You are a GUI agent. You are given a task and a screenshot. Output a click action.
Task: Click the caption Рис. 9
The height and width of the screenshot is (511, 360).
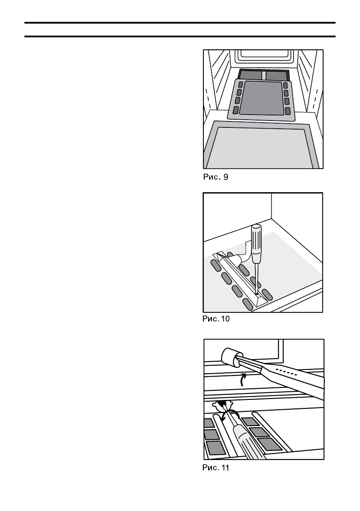click(215, 176)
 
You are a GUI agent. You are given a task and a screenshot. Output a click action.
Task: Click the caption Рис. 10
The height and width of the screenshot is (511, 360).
click(216, 319)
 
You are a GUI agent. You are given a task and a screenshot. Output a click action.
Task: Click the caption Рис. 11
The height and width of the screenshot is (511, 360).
click(216, 468)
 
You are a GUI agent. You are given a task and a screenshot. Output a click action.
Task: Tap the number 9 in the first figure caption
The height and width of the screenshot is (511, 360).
click(226, 176)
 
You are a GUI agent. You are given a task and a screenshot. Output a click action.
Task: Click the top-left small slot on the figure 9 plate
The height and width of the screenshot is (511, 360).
click(241, 85)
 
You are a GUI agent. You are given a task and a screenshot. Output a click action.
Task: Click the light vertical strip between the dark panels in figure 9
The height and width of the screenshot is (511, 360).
click(264, 76)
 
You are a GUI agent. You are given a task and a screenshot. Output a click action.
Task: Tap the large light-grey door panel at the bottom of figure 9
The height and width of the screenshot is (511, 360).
click(263, 148)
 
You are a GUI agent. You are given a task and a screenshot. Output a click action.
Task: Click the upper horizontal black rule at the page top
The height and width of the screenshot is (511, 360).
click(180, 22)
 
